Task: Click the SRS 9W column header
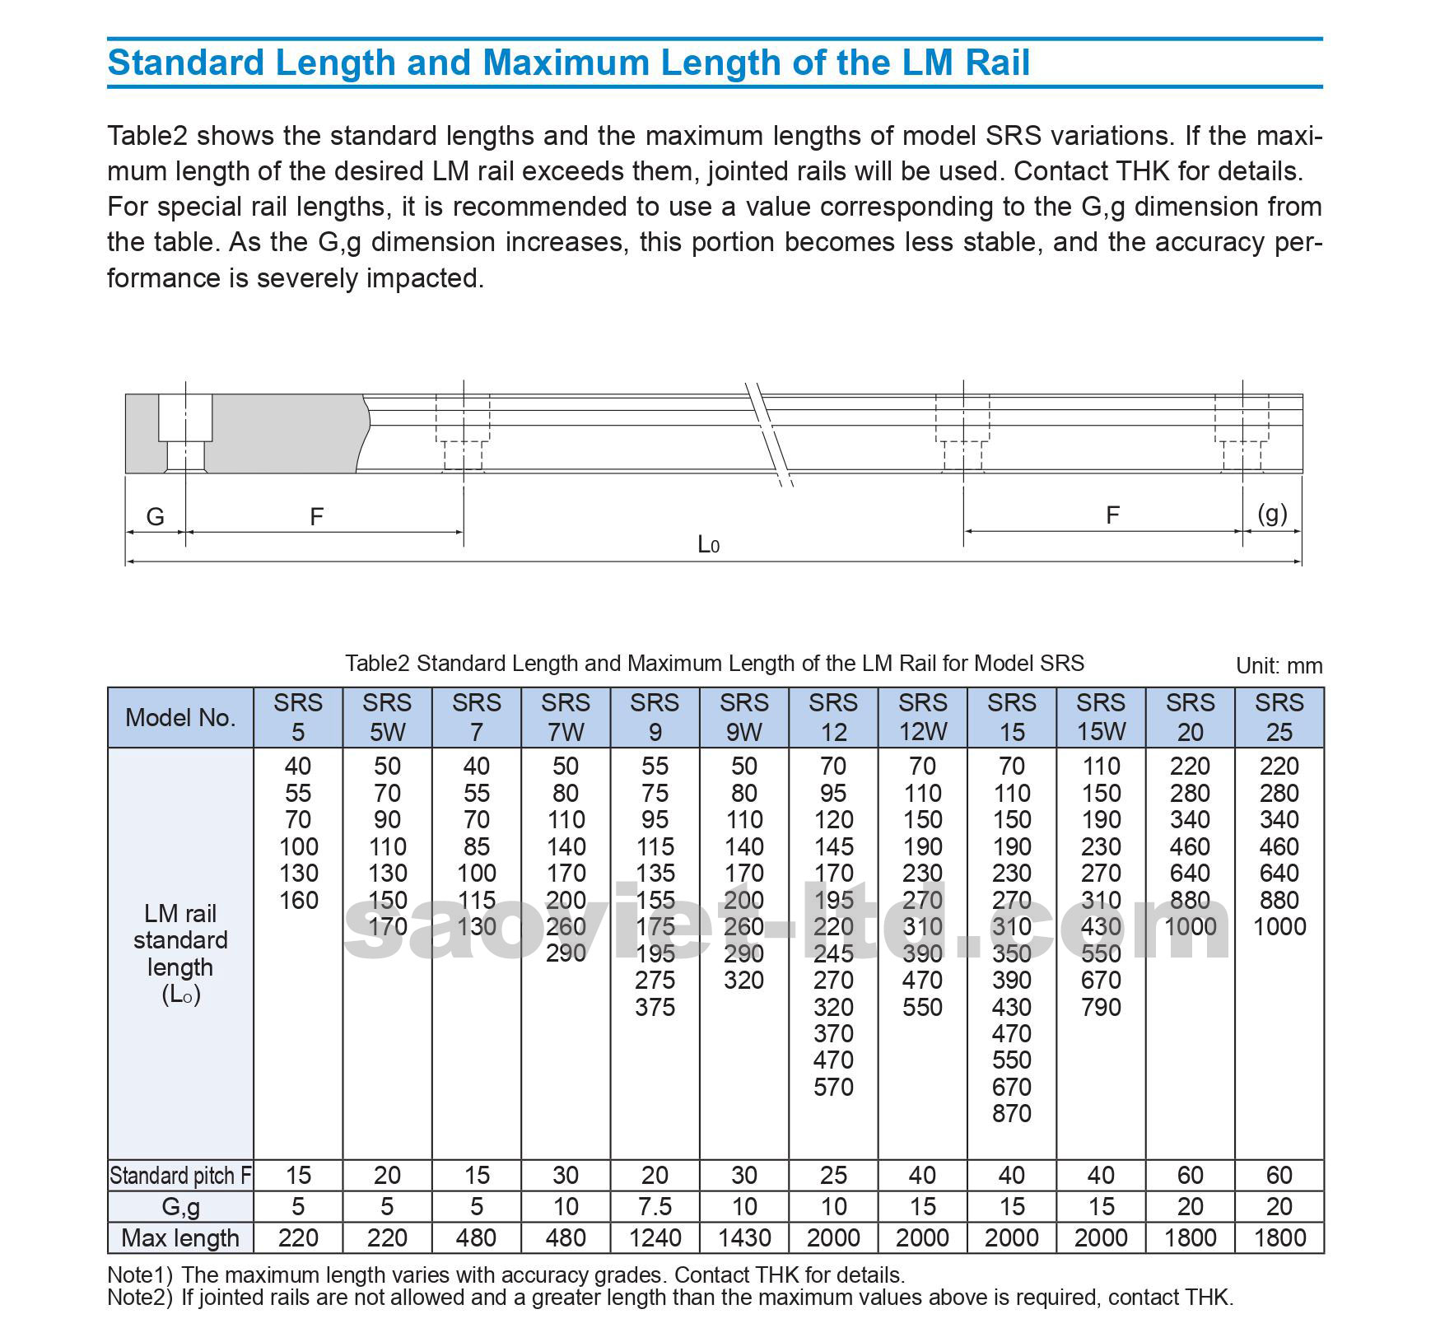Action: (743, 717)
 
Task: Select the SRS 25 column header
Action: (1279, 717)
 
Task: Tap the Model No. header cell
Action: (180, 717)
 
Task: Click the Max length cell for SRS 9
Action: (655, 1237)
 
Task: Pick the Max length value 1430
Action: (743, 1237)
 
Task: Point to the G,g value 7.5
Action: (655, 1206)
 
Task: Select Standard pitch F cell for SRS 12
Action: (833, 1175)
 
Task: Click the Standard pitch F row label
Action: (180, 1176)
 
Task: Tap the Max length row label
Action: (180, 1237)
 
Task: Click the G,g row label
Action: (180, 1206)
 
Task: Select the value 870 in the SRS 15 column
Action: (1011, 1113)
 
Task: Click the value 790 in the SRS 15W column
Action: (1101, 1007)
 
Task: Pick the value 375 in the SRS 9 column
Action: (655, 1007)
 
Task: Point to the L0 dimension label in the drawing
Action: (708, 544)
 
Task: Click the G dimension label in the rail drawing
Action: (155, 516)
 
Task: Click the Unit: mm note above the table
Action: (1279, 665)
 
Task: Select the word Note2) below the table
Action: (140, 1298)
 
